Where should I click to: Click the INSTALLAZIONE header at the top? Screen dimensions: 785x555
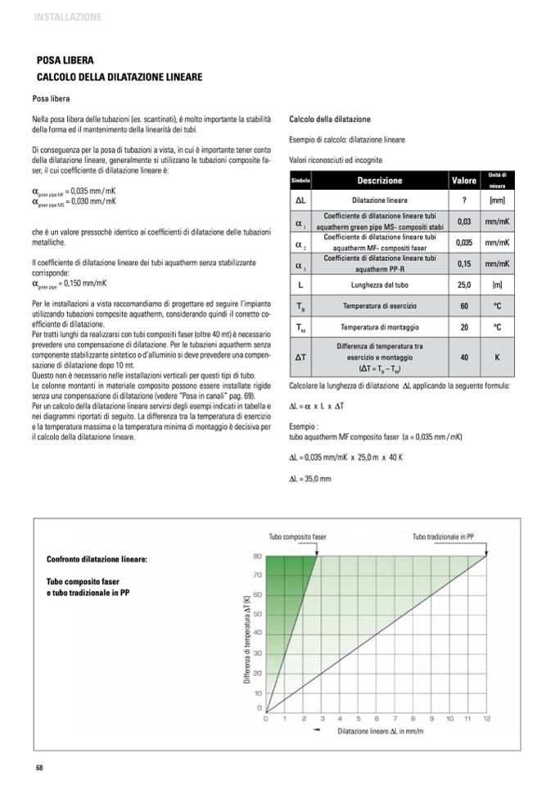click(x=68, y=16)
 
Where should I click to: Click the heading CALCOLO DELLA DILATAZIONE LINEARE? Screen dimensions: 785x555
click(x=120, y=77)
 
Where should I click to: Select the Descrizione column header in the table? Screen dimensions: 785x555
click(x=379, y=180)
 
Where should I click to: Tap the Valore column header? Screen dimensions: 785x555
click(x=464, y=180)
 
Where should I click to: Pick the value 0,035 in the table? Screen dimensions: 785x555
click(x=464, y=242)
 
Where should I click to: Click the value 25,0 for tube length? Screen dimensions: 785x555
click(x=464, y=285)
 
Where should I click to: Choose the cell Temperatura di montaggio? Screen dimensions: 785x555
click(x=379, y=327)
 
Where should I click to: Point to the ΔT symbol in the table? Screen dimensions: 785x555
click(x=300, y=358)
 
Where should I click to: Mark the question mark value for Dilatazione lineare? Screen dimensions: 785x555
click(x=464, y=200)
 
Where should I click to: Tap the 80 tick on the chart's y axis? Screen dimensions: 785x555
click(x=256, y=557)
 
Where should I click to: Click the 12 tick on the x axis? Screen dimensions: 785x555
click(x=487, y=718)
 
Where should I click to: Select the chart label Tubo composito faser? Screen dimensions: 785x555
click(x=298, y=537)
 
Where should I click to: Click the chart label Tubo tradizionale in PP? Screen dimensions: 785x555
click(x=443, y=537)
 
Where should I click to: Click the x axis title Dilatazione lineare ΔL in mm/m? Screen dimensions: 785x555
click(x=381, y=730)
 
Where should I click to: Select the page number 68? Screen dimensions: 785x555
click(x=38, y=767)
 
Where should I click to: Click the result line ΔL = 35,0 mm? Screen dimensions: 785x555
click(x=310, y=478)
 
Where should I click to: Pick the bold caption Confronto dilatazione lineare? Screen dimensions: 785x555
click(x=97, y=560)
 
